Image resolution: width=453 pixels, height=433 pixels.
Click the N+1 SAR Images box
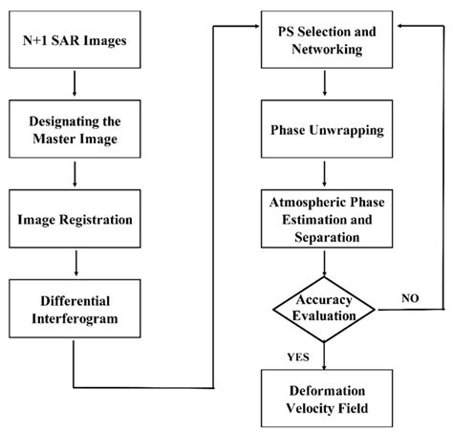[x=74, y=40]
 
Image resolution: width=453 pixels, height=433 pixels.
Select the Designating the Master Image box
[x=74, y=127]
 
